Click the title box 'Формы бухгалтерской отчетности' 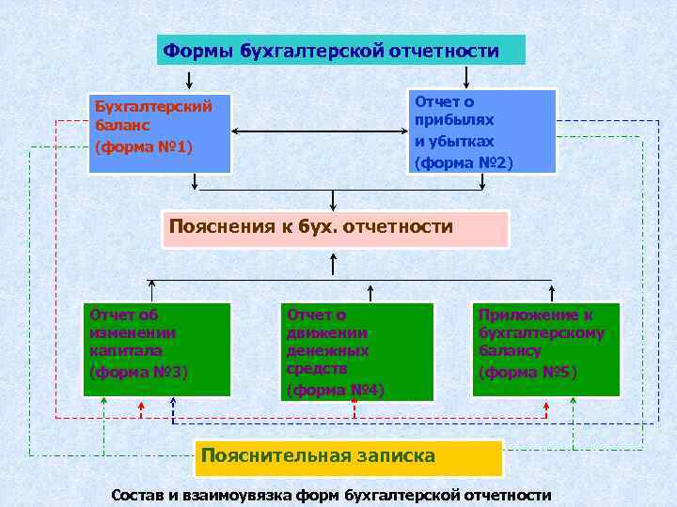click(x=340, y=50)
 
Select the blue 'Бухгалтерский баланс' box click(x=159, y=133)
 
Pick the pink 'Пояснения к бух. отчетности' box click(x=335, y=228)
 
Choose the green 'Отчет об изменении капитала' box click(x=156, y=348)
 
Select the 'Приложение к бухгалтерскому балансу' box click(x=545, y=348)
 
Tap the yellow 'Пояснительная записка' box click(x=348, y=456)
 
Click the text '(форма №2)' click(x=464, y=161)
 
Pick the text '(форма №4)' click(x=336, y=389)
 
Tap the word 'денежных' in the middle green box click(x=327, y=350)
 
